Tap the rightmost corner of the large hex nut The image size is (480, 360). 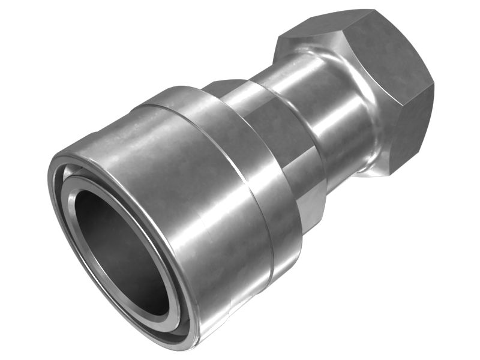coord(433,84)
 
